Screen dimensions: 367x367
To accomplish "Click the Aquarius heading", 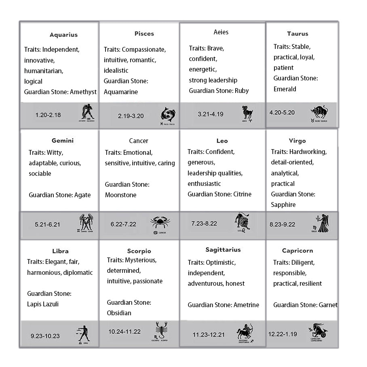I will pyautogui.click(x=63, y=35).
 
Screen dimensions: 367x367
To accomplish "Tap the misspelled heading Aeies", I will pyautogui.click(x=221, y=32).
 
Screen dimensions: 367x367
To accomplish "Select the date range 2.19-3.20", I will pyautogui.click(x=131, y=116).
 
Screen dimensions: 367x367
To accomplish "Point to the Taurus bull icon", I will pyautogui.click(x=319, y=113).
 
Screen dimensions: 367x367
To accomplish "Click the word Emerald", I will pyautogui.click(x=285, y=89).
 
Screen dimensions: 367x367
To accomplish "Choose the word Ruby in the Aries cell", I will pyautogui.click(x=242, y=91).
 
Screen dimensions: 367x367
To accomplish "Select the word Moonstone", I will pyautogui.click(x=120, y=195).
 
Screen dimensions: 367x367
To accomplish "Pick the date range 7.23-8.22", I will pyautogui.click(x=204, y=223).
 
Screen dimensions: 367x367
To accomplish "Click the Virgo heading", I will pyautogui.click(x=297, y=141).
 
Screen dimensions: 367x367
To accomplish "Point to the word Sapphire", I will pyautogui.click(x=283, y=205).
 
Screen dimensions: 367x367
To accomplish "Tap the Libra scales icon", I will pyautogui.click(x=82, y=334).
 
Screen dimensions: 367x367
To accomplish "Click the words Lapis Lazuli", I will pyautogui.click(x=43, y=304).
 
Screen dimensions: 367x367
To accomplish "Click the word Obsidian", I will pyautogui.click(x=119, y=313).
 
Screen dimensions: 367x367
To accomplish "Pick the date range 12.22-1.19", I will pyautogui.click(x=283, y=334).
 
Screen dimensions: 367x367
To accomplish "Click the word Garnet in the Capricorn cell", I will pyautogui.click(x=328, y=305).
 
